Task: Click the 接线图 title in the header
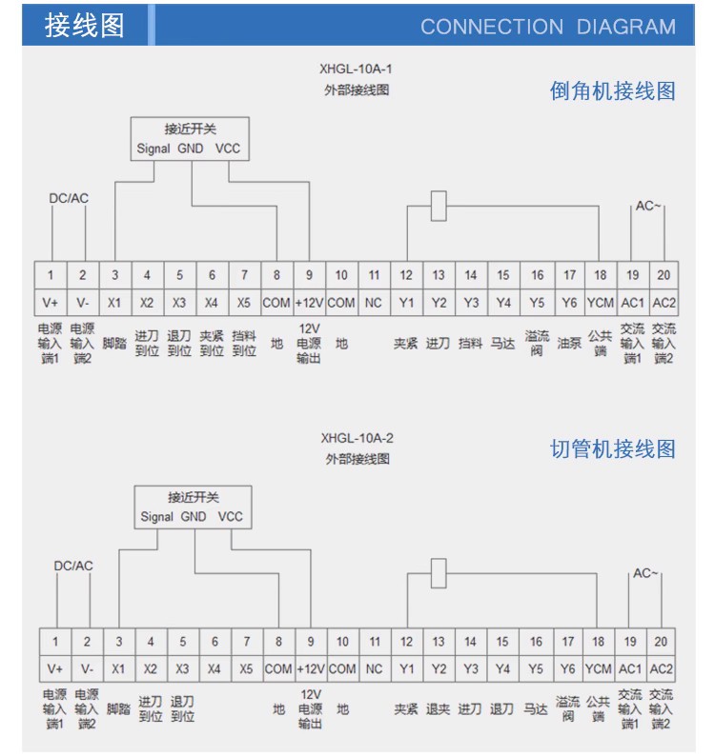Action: (x=85, y=25)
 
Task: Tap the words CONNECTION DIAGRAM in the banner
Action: (x=548, y=27)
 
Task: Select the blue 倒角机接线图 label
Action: (x=612, y=90)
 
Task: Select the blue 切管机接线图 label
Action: (x=612, y=448)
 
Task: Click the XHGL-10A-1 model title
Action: (x=356, y=69)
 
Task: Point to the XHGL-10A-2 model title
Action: (x=357, y=438)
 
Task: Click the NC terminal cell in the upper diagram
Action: (x=374, y=303)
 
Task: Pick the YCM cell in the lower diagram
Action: (x=598, y=668)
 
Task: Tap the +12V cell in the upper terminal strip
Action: (x=309, y=303)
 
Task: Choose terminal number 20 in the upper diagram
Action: (x=664, y=275)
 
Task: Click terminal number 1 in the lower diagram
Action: (x=55, y=641)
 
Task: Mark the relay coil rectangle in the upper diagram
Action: (x=439, y=206)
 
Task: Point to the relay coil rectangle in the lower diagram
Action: (x=439, y=573)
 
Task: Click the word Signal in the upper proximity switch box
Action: (x=153, y=149)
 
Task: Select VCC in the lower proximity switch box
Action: (x=230, y=516)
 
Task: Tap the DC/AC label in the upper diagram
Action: (x=69, y=198)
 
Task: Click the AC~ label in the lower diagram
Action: (x=645, y=573)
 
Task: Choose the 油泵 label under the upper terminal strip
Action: (x=569, y=344)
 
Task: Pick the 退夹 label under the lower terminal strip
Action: (x=438, y=709)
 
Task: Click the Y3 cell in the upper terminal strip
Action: (x=471, y=303)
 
